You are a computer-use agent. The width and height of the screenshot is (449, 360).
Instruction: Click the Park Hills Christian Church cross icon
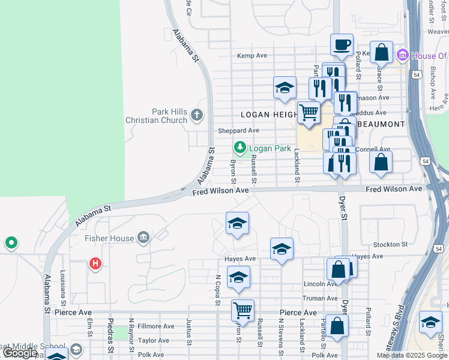pos(196,115)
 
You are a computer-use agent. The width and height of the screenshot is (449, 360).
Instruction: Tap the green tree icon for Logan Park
pos(240,148)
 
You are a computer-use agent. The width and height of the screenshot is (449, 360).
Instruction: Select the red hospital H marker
pos(95,263)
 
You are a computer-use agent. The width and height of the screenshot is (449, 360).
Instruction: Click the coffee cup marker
pos(342,44)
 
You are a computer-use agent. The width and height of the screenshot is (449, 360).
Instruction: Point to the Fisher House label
pos(109,238)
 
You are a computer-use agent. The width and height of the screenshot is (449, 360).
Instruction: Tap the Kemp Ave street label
pos(252,55)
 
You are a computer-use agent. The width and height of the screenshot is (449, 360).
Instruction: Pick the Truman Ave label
pos(321,298)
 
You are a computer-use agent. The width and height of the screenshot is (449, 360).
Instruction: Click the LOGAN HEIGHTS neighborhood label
pos(268,114)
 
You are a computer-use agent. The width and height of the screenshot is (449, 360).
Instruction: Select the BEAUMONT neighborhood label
pos(381,124)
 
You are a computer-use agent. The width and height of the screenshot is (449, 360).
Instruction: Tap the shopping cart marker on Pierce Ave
pos(243,311)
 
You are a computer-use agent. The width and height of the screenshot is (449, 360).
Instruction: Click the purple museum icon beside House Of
pos(402,56)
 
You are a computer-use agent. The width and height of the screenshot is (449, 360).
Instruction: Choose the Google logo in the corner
pos(20,353)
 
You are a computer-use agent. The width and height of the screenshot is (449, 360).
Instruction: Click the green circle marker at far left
pos(10,243)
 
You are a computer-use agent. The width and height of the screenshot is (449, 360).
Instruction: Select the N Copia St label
pos(218,289)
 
